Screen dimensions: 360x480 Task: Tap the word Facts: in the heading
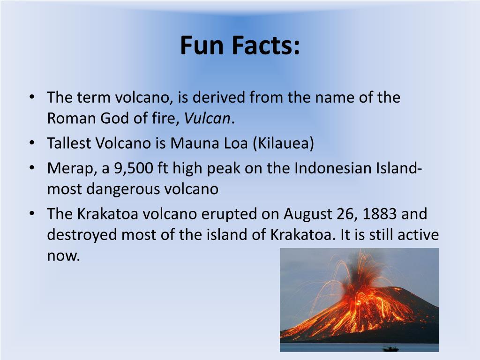click(x=264, y=46)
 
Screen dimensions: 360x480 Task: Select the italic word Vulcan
click(x=207, y=119)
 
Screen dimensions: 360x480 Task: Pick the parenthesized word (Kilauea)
click(x=283, y=143)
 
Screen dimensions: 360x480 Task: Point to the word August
click(x=307, y=214)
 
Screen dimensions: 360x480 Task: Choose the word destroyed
click(x=82, y=234)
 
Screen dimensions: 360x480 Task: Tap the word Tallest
click(x=69, y=143)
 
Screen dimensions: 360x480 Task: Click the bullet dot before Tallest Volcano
click(x=32, y=143)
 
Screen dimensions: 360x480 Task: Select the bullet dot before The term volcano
click(x=32, y=98)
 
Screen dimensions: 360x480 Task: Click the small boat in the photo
click(x=390, y=348)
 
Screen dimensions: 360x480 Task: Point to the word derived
click(x=219, y=97)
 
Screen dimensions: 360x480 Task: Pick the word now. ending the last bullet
click(x=64, y=256)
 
